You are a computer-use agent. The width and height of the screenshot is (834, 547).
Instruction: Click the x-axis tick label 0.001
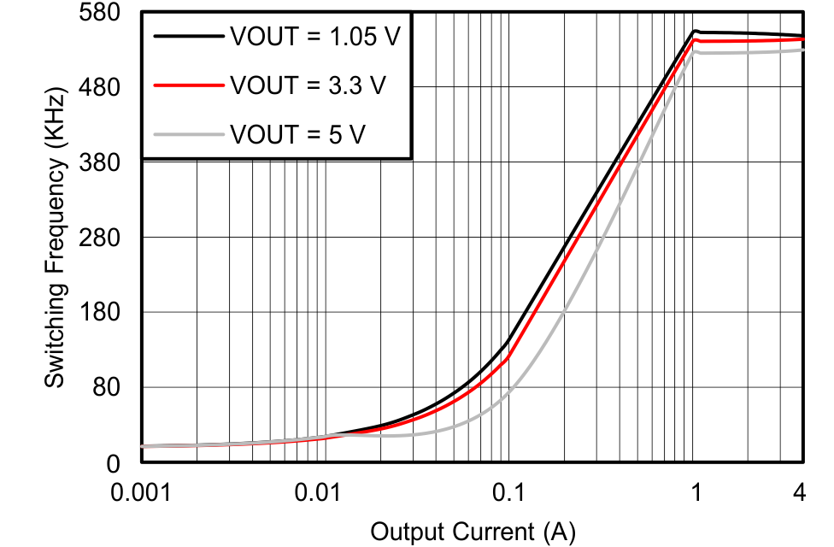pos(141,494)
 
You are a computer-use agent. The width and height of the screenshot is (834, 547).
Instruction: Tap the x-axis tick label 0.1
pos(509,494)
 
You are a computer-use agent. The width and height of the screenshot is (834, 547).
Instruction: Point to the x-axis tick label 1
pos(696,494)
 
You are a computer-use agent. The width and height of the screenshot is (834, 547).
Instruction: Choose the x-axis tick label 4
pos(801,494)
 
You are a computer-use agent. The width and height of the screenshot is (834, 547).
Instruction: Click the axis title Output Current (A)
pos(473,532)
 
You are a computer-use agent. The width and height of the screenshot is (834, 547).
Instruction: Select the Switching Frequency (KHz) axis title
pos(56,236)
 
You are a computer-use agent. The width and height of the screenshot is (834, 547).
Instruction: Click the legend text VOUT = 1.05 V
pos(314,37)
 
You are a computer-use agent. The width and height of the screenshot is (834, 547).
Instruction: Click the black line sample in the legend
pos(187,37)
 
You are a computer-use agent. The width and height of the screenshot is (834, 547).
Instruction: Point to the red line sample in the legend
pos(187,85)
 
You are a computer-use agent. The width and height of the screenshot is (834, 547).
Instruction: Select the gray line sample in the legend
pos(187,133)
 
